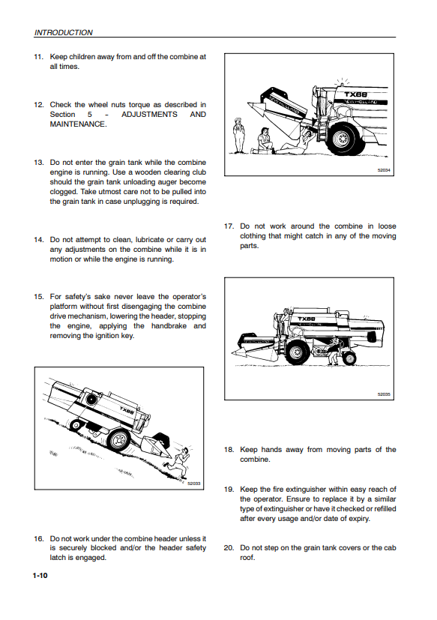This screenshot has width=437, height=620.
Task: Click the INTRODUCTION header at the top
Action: [63, 32]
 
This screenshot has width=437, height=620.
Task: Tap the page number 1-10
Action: [40, 575]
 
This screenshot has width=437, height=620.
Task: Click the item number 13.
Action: [39, 163]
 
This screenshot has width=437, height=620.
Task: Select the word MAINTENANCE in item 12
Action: [77, 124]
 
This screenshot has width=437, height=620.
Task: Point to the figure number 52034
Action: [383, 169]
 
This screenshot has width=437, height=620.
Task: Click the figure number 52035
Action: [383, 394]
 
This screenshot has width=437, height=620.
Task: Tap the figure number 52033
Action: [194, 484]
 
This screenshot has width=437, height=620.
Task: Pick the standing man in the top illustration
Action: [238, 135]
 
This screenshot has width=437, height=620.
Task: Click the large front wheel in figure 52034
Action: [343, 138]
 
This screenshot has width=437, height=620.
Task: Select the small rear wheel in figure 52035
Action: [349, 358]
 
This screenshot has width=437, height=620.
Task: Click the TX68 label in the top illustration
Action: [355, 94]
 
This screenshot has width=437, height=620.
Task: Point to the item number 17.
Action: [229, 226]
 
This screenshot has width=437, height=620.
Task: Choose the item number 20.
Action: [229, 548]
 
